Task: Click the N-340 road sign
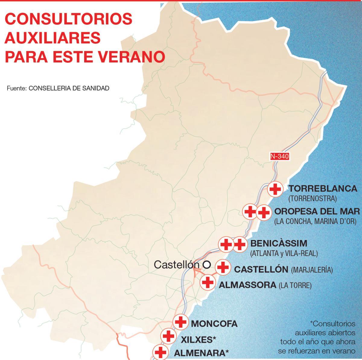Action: (280, 156)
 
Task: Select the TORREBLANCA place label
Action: (323, 189)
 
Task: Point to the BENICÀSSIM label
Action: (279, 243)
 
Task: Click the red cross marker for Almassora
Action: (208, 283)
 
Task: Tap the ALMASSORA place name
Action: (247, 285)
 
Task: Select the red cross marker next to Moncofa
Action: (181, 322)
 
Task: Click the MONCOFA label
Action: (214, 324)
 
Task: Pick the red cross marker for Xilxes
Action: (168, 336)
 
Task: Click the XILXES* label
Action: (198, 340)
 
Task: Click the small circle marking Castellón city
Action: (207, 265)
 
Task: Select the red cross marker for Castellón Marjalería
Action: (223, 267)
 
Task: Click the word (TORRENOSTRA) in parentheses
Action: (312, 199)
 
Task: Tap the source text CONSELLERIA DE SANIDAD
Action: (69, 88)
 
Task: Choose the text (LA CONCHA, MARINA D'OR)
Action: (315, 221)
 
